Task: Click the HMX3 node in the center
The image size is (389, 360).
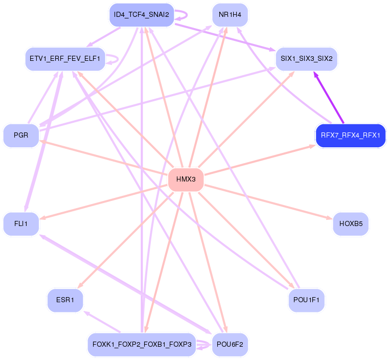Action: click(x=186, y=179)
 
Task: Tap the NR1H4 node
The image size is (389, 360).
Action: click(x=230, y=15)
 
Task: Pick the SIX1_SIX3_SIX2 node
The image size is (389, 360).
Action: click(x=306, y=59)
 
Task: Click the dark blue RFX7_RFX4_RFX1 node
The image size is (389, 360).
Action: click(x=350, y=136)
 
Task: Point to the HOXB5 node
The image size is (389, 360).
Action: click(x=350, y=224)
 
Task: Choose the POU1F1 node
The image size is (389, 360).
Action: click(x=306, y=300)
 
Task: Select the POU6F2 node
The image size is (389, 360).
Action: click(x=230, y=345)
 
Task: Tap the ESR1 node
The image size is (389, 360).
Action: click(x=65, y=300)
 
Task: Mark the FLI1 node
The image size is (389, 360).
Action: click(x=21, y=224)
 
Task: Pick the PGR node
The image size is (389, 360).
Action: click(x=21, y=136)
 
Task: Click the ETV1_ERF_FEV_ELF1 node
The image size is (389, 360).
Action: click(x=65, y=59)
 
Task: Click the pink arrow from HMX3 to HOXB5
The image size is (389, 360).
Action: click(x=271, y=201)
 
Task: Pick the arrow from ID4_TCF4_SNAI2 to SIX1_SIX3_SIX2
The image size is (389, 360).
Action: click(x=225, y=36)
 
